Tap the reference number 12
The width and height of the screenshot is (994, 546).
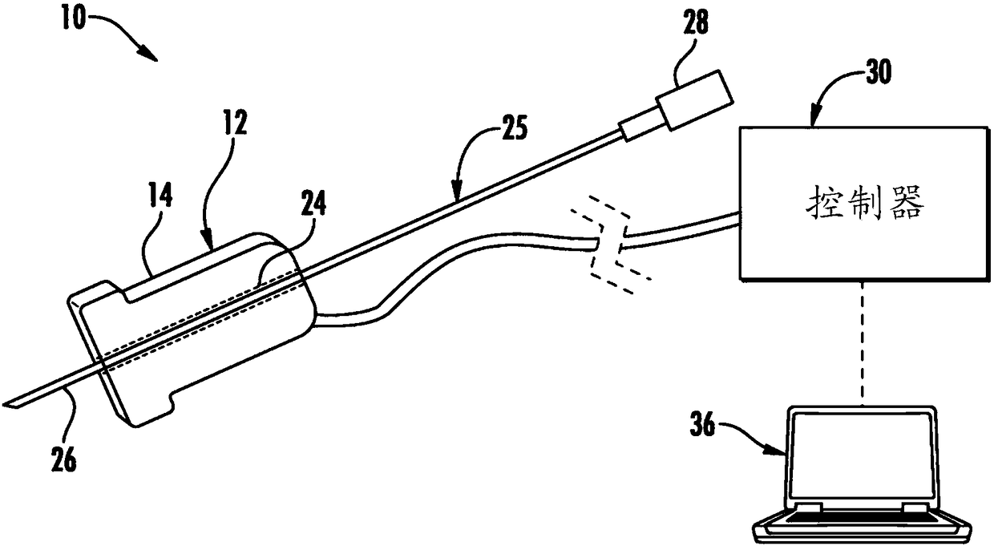[x=234, y=123]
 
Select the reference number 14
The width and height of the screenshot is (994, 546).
[x=160, y=196]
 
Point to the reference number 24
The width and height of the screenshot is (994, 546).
[x=313, y=204]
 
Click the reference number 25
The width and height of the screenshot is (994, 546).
[x=515, y=127]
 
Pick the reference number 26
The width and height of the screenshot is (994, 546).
[x=64, y=459]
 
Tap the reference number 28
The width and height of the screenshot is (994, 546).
[x=695, y=22]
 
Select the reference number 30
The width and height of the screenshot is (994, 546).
[x=879, y=72]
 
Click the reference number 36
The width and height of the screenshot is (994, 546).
[x=702, y=424]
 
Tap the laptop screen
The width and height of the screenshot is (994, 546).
[x=861, y=458]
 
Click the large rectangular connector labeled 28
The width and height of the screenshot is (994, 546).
[x=694, y=100]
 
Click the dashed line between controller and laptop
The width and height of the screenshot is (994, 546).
[x=863, y=344]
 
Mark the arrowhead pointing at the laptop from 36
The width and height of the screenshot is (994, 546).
[x=777, y=451]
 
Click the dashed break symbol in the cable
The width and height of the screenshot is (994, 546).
[x=611, y=245]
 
